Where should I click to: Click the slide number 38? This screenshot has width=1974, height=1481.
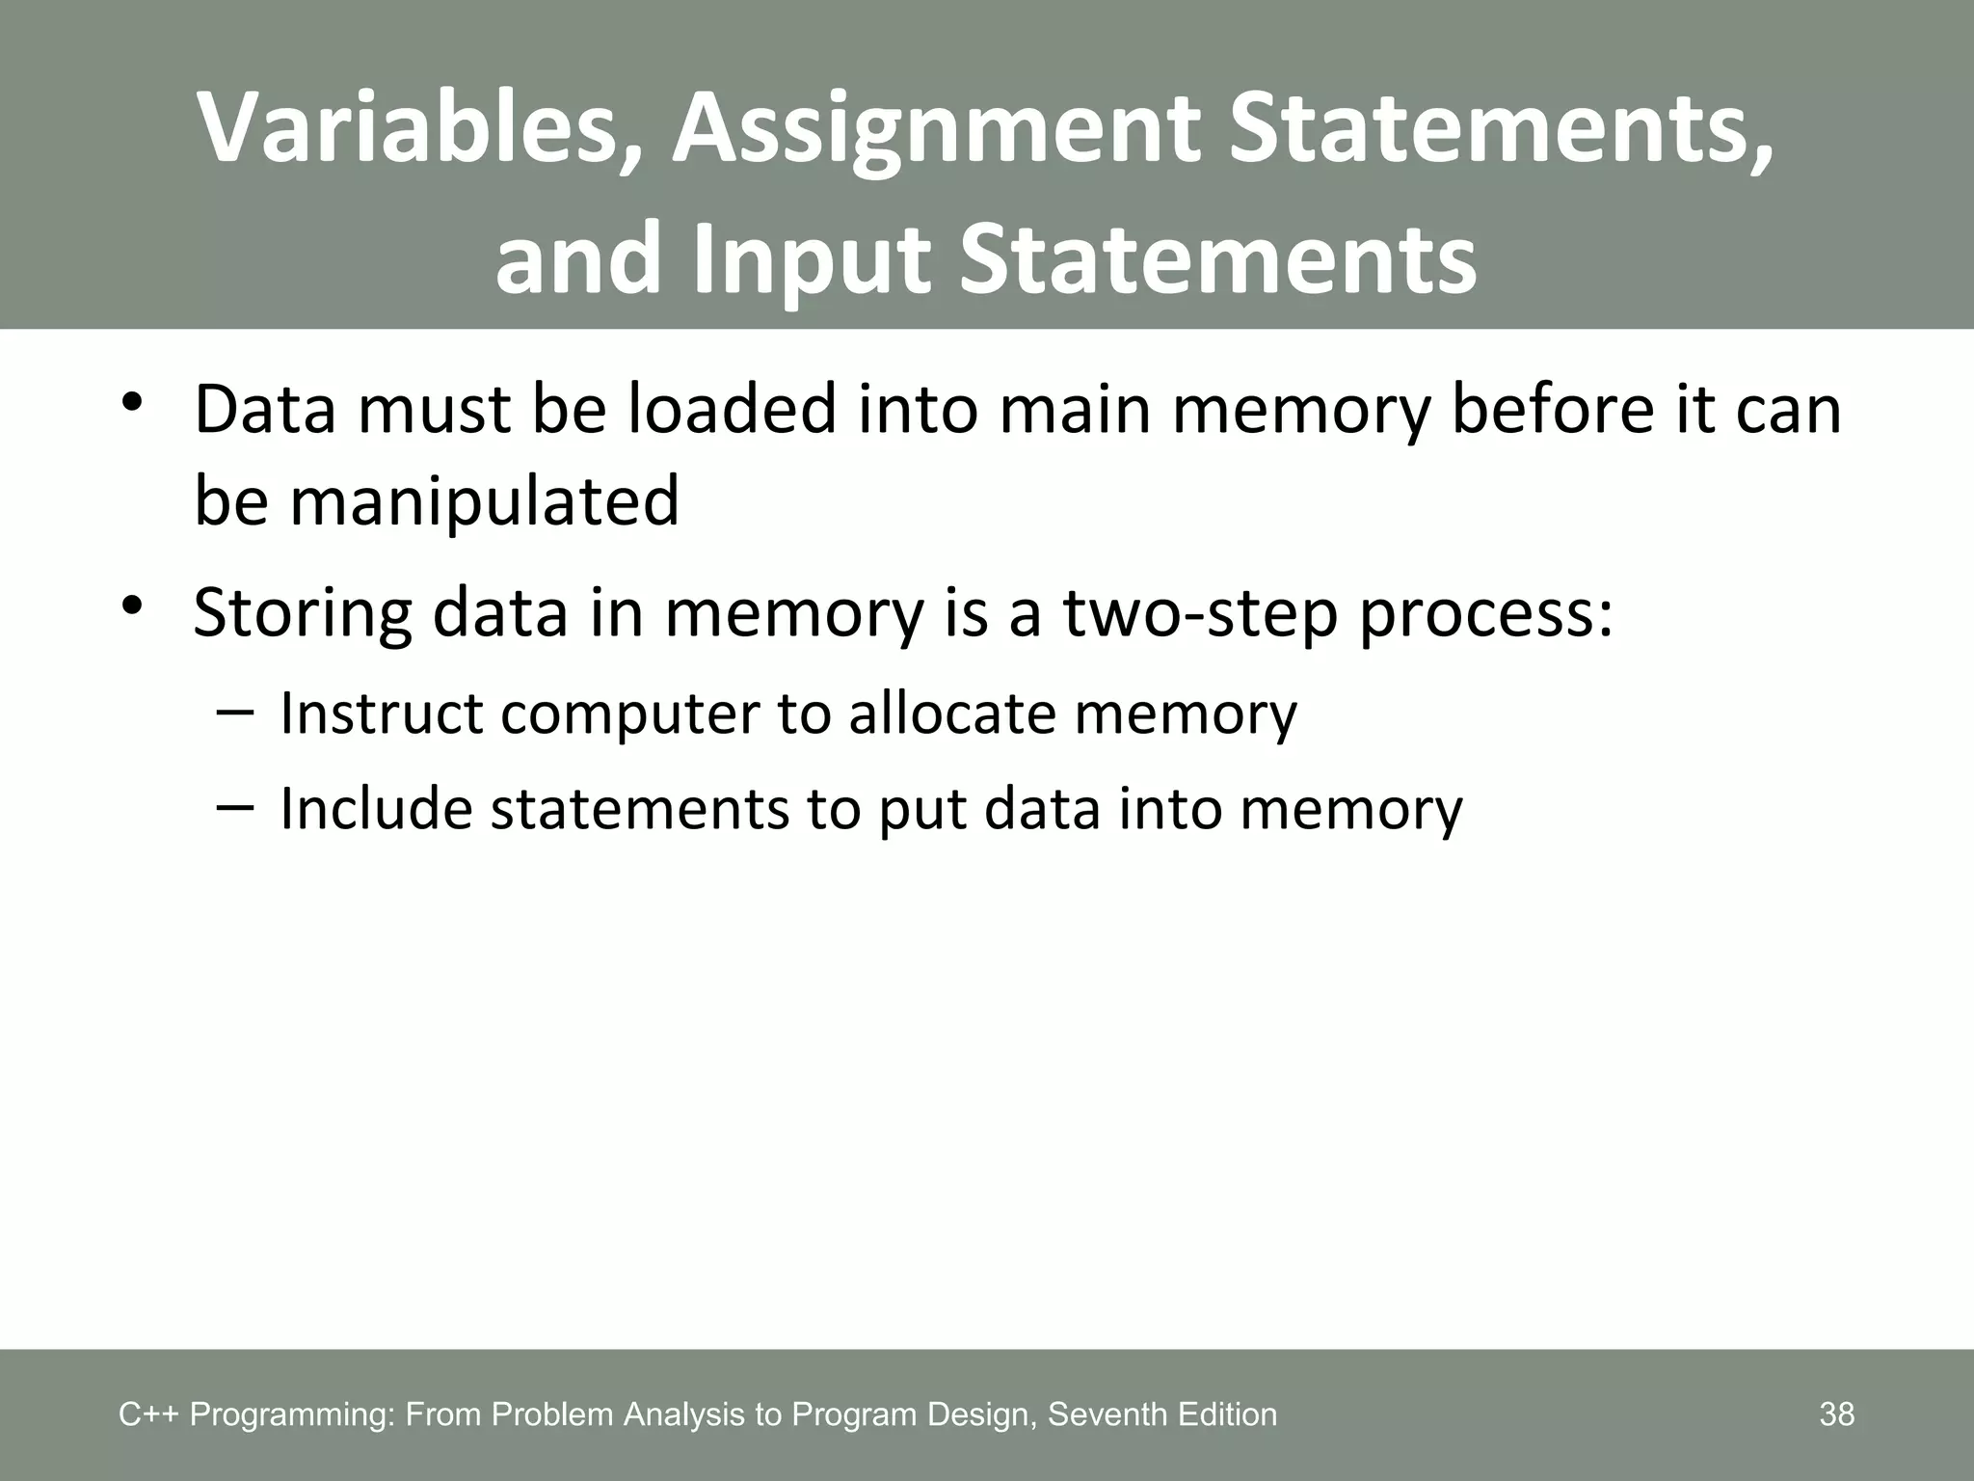(x=1836, y=1414)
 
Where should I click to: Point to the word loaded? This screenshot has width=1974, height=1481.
(x=734, y=409)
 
